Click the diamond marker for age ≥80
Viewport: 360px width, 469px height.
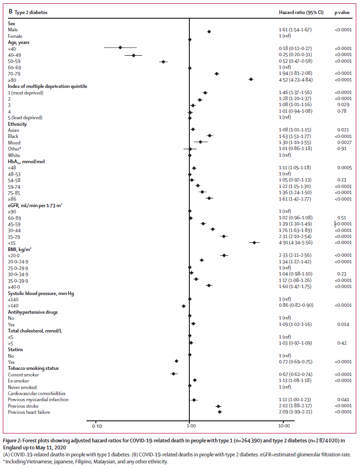[251, 79]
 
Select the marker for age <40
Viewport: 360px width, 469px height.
[120, 48]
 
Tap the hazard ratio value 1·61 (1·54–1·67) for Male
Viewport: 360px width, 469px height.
[295, 30]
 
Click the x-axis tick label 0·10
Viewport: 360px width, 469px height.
[97, 426]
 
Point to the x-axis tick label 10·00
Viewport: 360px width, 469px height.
[283, 426]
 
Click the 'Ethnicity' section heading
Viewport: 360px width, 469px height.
[17, 124]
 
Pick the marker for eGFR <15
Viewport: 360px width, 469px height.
[254, 243]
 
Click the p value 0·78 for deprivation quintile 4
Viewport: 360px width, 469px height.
[343, 111]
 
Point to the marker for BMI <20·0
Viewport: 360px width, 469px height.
[224, 255]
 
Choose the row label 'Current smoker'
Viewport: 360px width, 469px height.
[23, 375]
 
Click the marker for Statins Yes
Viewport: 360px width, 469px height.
[176, 361]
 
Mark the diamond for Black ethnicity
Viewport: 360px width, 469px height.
[209, 136]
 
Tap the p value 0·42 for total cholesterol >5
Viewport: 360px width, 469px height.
[343, 343]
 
